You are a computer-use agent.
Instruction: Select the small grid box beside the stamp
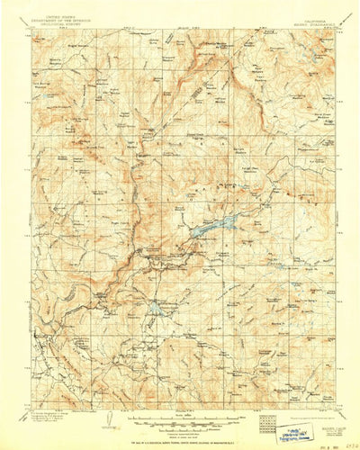pyautogui.click(x=265, y=418)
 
